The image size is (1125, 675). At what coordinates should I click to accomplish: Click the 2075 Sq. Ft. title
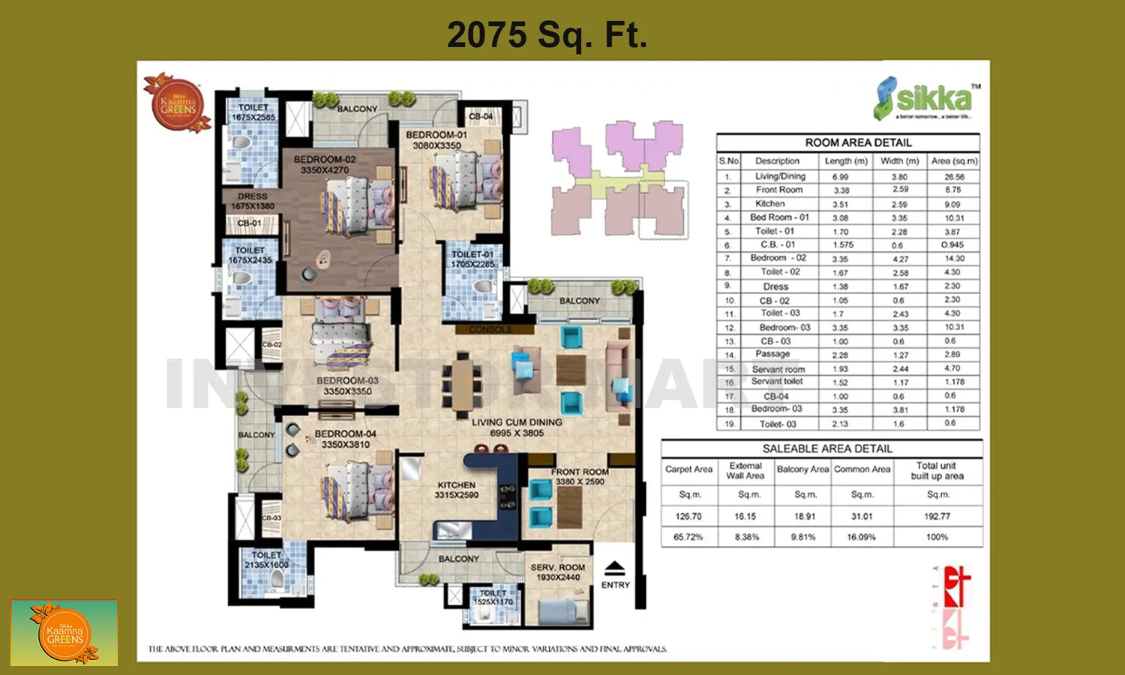(547, 34)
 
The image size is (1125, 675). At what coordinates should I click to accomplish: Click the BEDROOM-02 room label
(325, 164)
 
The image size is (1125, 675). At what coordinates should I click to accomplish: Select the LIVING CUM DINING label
(517, 427)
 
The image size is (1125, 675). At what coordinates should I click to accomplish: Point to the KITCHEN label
(457, 490)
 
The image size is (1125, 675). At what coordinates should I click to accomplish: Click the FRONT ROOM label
(580, 476)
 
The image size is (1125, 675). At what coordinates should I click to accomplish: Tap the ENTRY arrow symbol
(614, 568)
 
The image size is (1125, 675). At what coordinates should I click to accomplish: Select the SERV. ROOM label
(557, 572)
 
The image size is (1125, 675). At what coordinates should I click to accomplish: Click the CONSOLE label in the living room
(491, 329)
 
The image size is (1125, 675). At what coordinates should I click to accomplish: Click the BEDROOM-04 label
(345, 439)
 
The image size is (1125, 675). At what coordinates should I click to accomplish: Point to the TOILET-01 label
(472, 259)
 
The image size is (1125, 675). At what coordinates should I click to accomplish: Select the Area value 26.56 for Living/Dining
(954, 177)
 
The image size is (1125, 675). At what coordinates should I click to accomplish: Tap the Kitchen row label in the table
(770, 204)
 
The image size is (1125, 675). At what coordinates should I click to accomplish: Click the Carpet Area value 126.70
(688, 517)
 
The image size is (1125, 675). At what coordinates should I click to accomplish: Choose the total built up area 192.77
(937, 517)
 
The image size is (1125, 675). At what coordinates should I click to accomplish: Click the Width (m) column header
(899, 160)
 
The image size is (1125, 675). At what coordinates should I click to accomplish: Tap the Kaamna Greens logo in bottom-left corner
(64, 633)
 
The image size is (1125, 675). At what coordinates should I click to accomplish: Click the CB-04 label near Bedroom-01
(481, 116)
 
